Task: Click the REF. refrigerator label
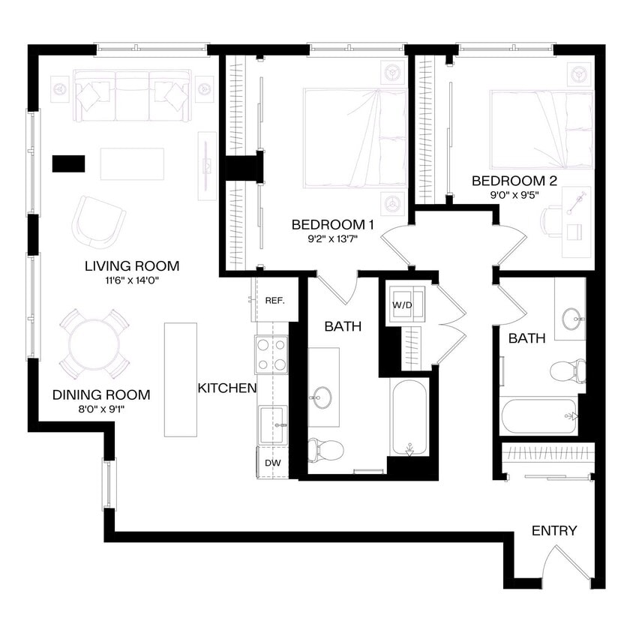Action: coord(274,301)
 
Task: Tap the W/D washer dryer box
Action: coord(405,305)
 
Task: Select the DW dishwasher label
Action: coord(273,463)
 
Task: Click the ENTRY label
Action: coord(554,531)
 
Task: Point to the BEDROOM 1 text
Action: coord(332,224)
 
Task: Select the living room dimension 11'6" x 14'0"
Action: coord(132,280)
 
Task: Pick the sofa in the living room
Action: coord(133,96)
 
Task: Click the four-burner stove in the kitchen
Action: coord(271,355)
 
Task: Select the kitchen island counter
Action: coord(180,379)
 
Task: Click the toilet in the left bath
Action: coord(325,450)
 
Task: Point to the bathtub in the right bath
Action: coord(538,415)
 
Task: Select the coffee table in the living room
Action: coord(132,163)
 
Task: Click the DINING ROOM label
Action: coord(101,394)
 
